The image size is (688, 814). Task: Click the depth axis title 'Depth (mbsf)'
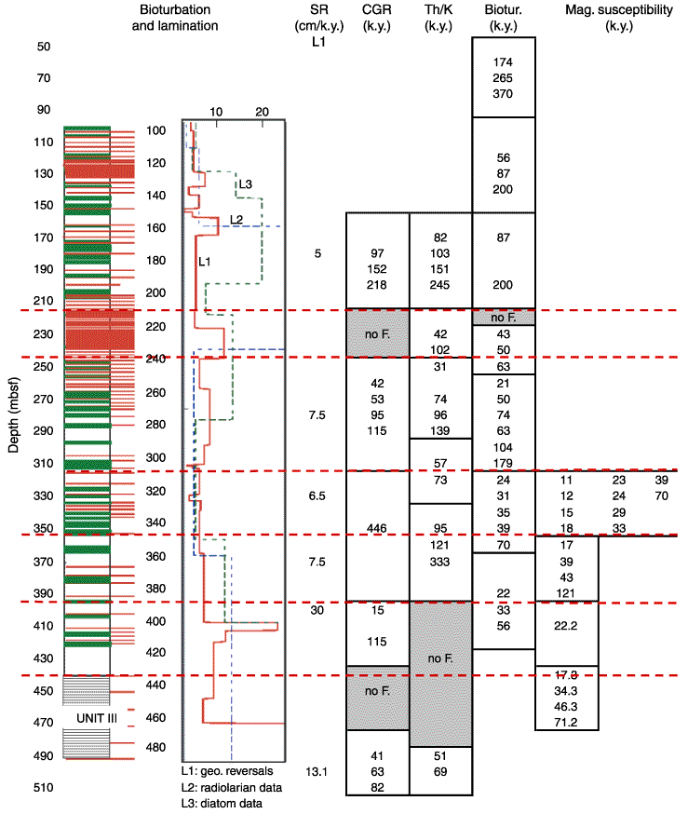(13, 414)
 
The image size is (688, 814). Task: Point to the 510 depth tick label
(44, 788)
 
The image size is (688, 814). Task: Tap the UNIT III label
(97, 718)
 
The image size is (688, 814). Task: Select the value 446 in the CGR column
(377, 528)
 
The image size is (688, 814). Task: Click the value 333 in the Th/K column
(440, 562)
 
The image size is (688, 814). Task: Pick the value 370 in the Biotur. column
(503, 93)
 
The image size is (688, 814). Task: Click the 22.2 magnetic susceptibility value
(565, 626)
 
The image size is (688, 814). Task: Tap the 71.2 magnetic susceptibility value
(565, 722)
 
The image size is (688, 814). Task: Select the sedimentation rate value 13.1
(317, 771)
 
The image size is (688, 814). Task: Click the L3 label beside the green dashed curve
(246, 184)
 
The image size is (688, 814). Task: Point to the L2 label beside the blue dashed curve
(236, 220)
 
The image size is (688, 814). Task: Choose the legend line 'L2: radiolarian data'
(232, 788)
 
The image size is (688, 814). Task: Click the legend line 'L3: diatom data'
(223, 803)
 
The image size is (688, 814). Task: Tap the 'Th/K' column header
(438, 9)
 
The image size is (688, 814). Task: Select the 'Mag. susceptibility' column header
(619, 9)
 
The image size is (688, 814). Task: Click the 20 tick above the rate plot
(262, 112)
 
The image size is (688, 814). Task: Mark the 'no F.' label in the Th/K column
(440, 658)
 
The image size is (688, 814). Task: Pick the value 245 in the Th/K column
(440, 284)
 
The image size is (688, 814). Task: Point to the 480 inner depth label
(155, 747)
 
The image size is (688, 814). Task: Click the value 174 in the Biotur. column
(503, 61)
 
